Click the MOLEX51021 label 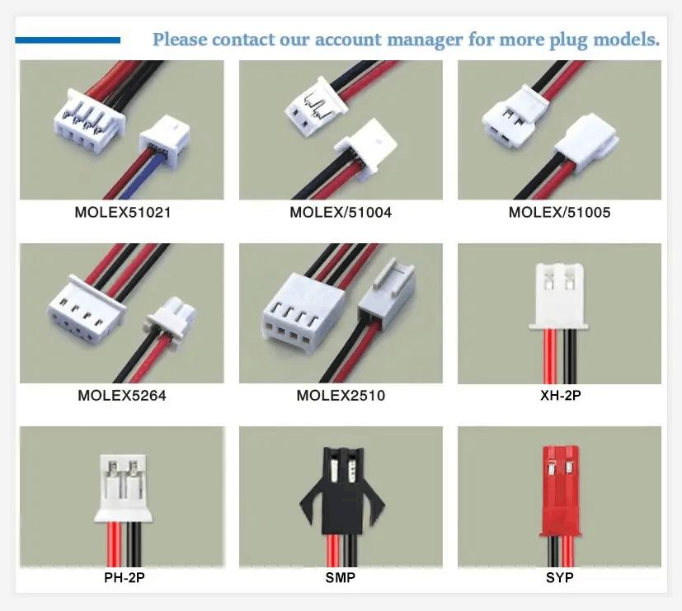(123, 213)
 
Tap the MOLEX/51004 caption (341, 213)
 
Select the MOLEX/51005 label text (559, 213)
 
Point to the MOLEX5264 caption (122, 396)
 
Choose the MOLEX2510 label (341, 396)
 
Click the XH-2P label (560, 396)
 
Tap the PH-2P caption (122, 578)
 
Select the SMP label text (340, 578)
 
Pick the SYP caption (559, 578)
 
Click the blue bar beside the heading (68, 40)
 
